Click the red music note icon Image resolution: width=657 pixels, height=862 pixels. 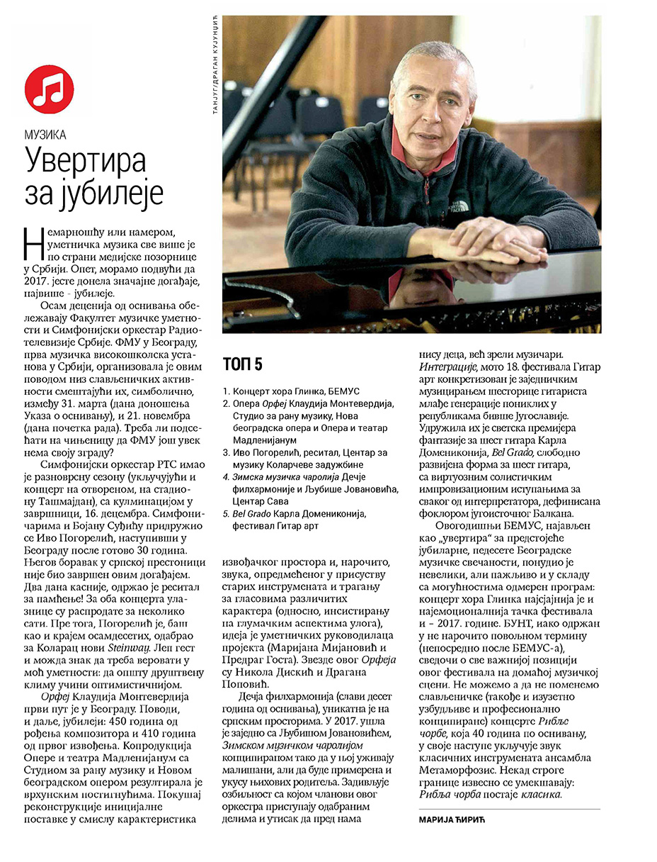point(49,89)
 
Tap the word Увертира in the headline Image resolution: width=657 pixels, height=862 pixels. point(85,160)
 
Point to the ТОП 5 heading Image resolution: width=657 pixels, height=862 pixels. point(242,364)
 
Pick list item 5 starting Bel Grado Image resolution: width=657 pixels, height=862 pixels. point(304,514)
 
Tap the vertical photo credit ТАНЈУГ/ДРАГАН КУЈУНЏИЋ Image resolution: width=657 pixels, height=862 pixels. point(215,74)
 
